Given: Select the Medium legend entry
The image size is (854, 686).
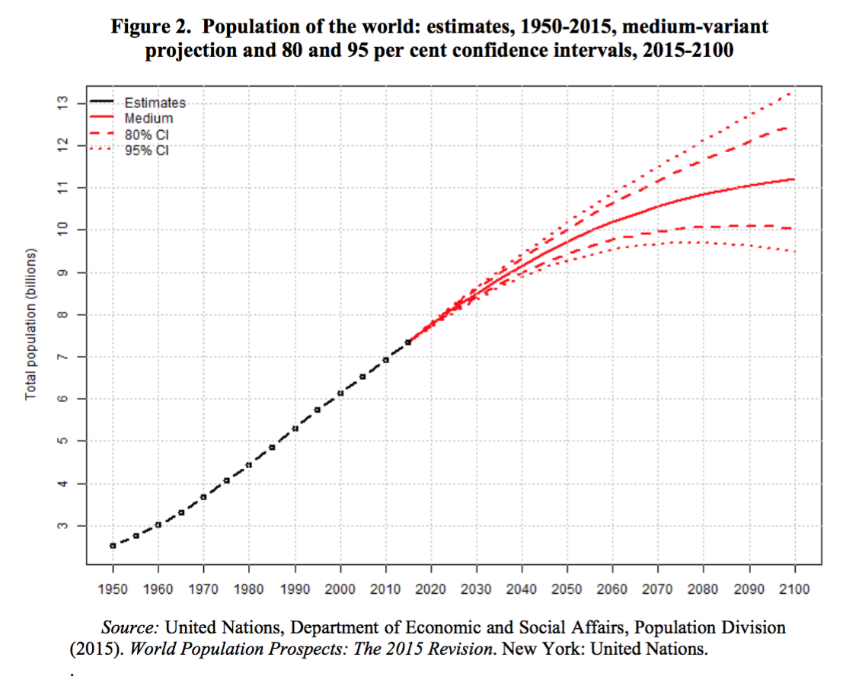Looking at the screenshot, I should click(148, 118).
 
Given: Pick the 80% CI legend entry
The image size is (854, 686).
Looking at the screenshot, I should click(146, 134).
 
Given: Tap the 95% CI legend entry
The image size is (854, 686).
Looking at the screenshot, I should click(146, 149).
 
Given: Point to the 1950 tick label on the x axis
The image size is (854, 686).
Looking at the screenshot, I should click(113, 587).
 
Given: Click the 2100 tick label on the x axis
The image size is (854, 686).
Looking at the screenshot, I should click(794, 587).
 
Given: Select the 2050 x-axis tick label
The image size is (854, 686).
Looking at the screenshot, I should click(567, 587).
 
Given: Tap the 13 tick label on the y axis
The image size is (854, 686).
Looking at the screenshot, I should click(62, 102).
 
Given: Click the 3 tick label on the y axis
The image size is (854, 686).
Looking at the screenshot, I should click(62, 526).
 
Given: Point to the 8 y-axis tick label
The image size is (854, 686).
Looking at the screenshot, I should click(62, 315).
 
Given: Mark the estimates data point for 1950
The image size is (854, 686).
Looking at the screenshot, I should click(113, 546).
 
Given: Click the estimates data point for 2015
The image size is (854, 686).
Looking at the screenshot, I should click(408, 342).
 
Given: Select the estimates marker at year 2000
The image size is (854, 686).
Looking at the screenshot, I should click(340, 393).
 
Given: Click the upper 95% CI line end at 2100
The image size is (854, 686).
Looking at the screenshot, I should click(793, 93).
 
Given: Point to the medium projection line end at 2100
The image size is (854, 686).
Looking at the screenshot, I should click(794, 179).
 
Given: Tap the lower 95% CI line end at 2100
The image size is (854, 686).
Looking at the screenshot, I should click(794, 251).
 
